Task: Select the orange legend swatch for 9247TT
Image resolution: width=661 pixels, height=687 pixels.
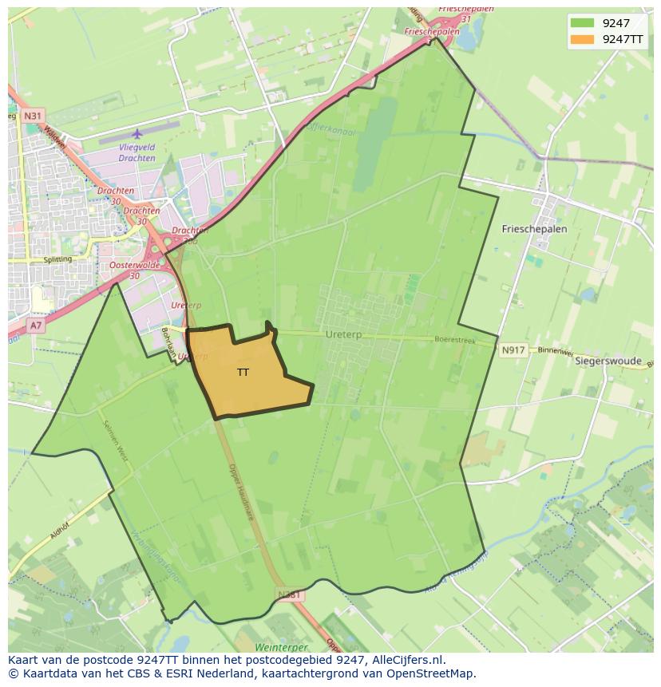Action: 583,39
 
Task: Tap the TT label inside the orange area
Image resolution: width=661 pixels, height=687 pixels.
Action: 243,373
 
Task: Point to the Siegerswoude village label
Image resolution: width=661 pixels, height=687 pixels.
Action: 608,361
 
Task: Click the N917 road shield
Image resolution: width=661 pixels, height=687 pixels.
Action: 513,350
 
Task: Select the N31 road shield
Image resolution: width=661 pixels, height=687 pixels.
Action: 33,116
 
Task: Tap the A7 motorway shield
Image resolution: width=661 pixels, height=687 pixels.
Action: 36,326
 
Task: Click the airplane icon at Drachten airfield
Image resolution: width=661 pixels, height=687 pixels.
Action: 137,134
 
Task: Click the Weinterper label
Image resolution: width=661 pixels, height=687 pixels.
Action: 281,646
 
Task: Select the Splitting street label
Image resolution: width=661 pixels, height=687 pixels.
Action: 57,259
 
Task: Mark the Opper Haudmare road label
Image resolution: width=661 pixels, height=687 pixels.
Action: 240,492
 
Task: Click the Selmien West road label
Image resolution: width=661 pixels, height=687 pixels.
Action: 116,441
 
